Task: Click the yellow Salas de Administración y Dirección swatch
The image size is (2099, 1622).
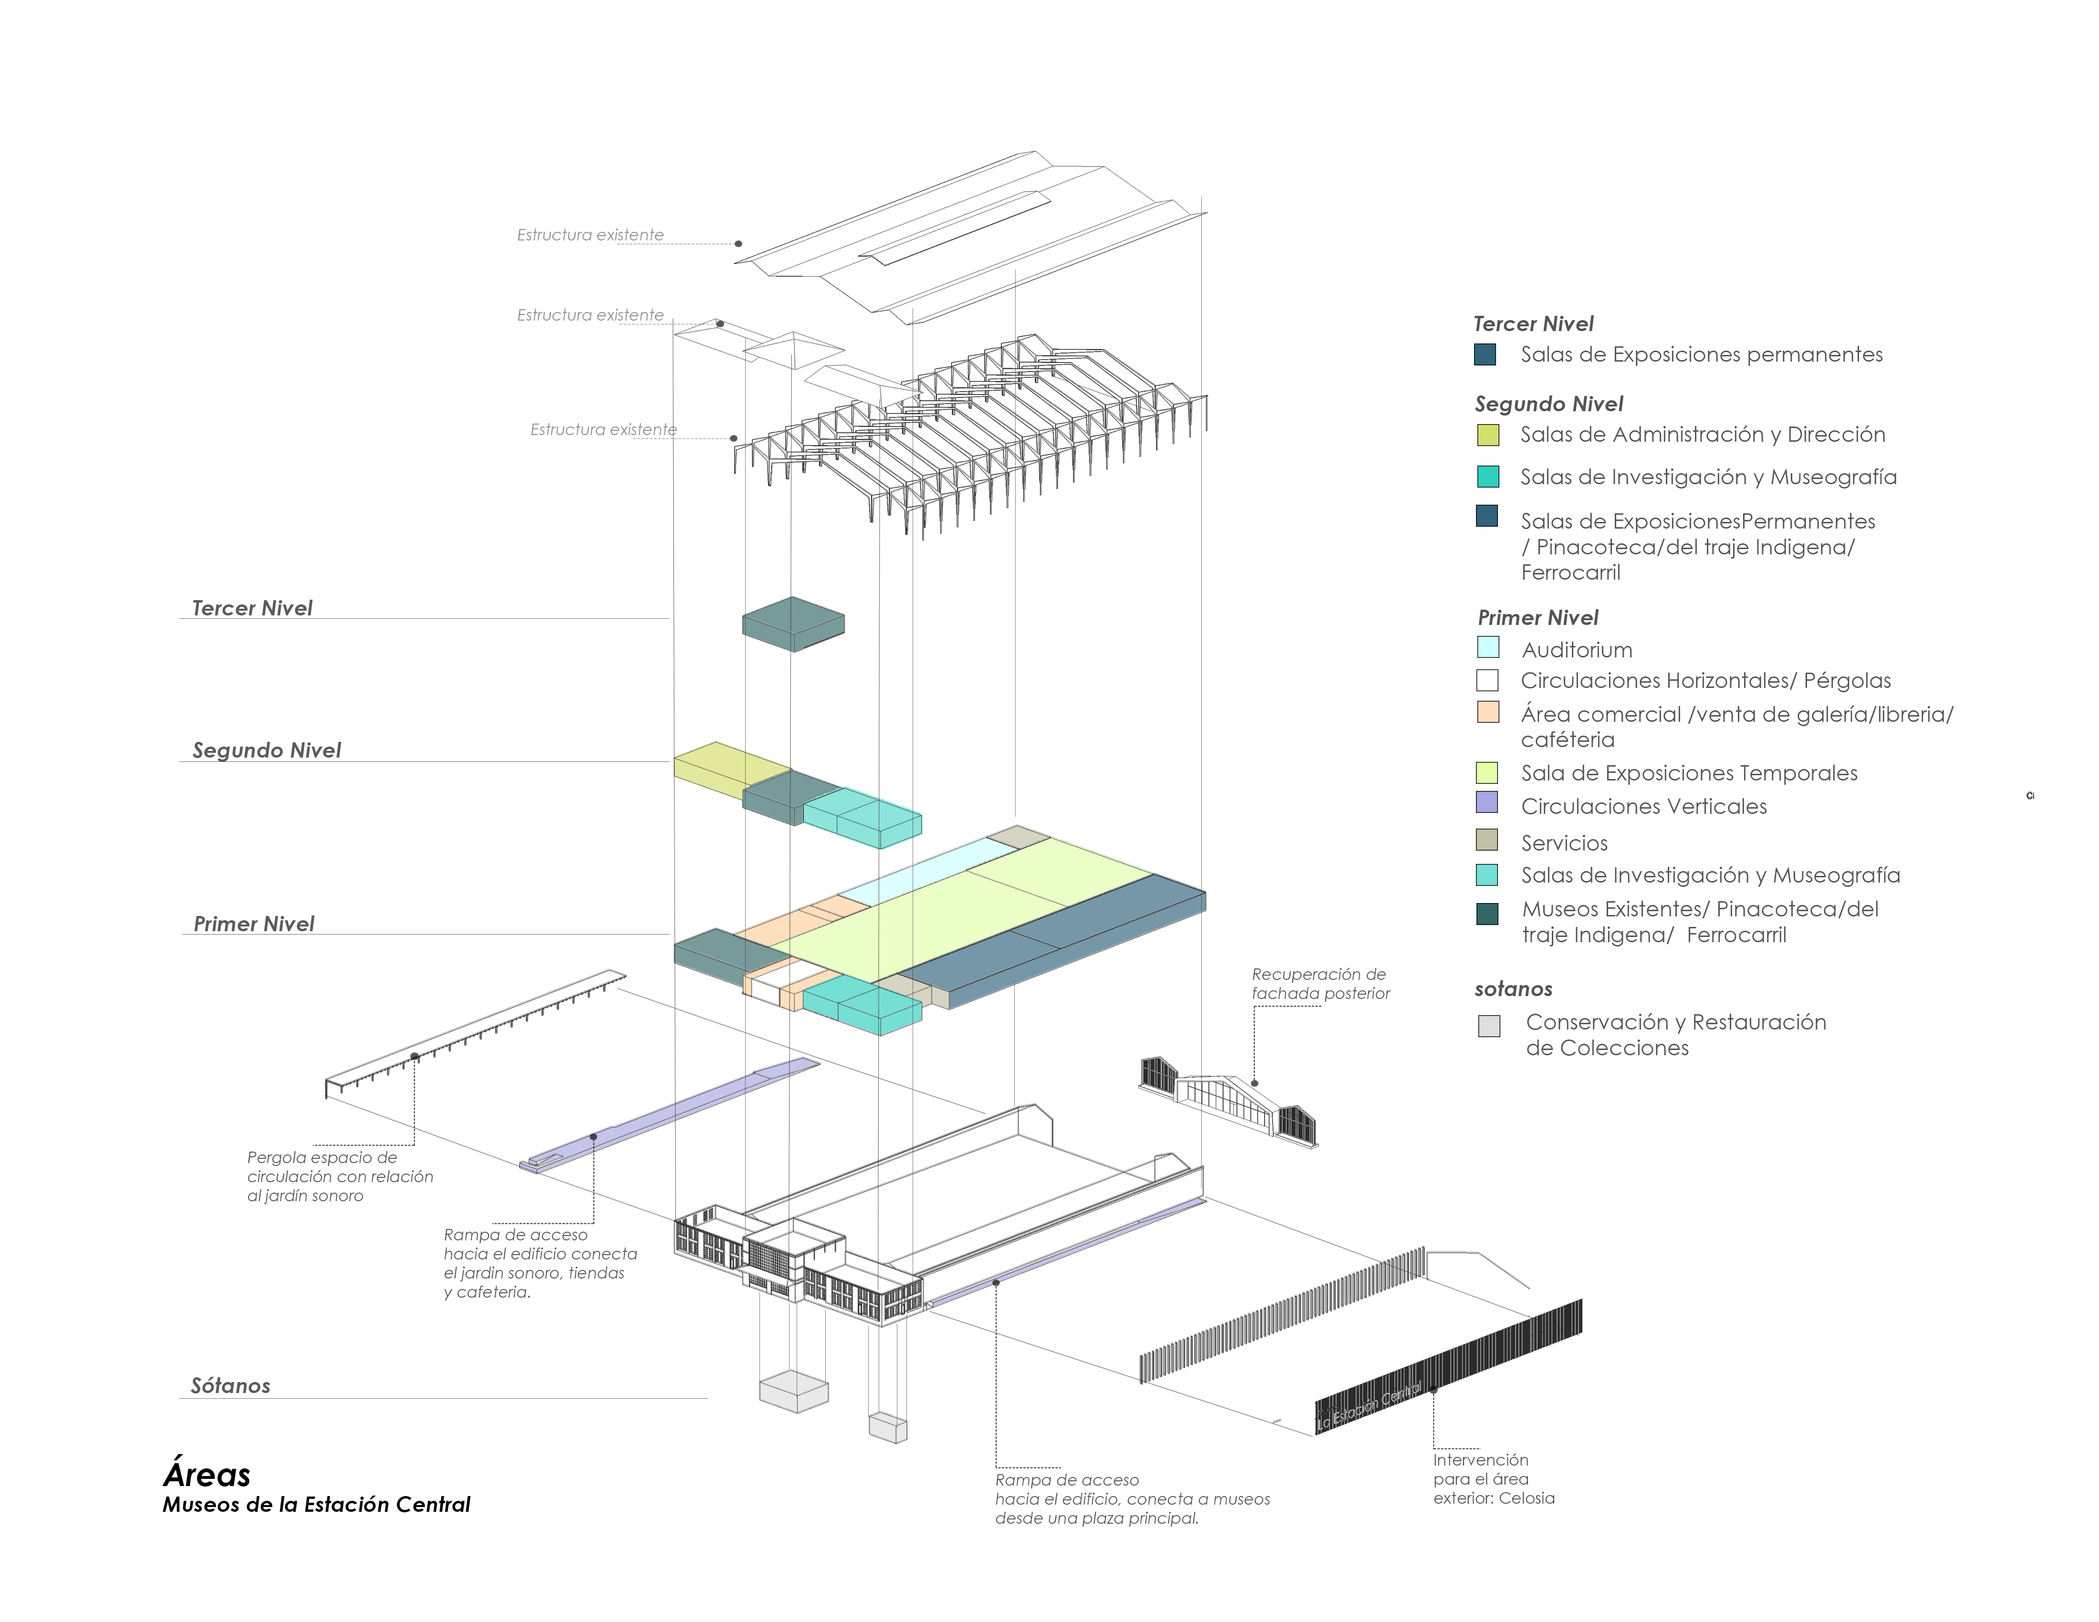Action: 1488,434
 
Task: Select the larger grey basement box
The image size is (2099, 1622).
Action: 794,1391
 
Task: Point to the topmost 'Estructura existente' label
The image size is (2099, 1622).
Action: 590,234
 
